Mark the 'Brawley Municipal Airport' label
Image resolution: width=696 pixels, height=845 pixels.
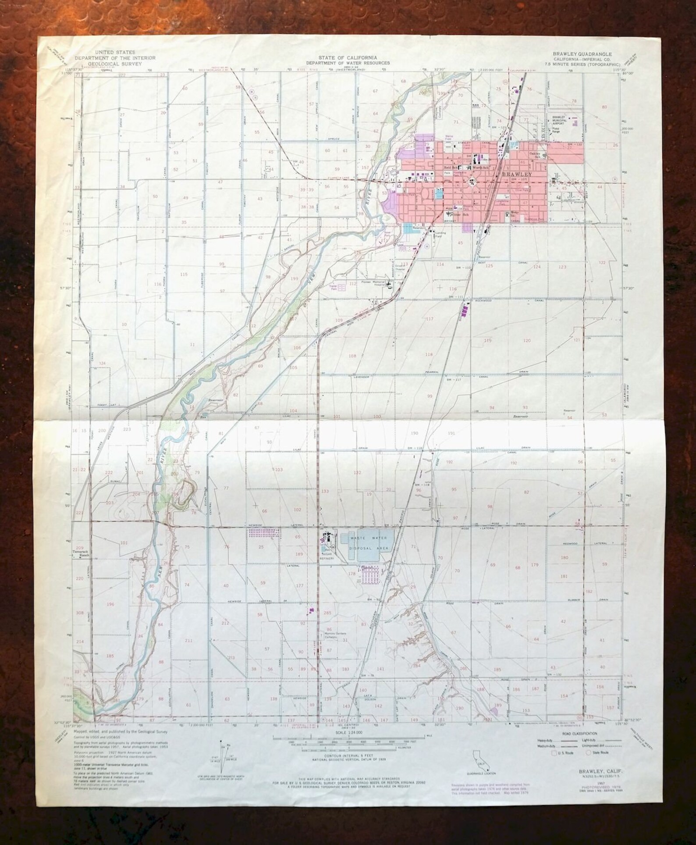558,120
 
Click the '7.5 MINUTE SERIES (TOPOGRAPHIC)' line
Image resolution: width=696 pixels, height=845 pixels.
582,64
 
